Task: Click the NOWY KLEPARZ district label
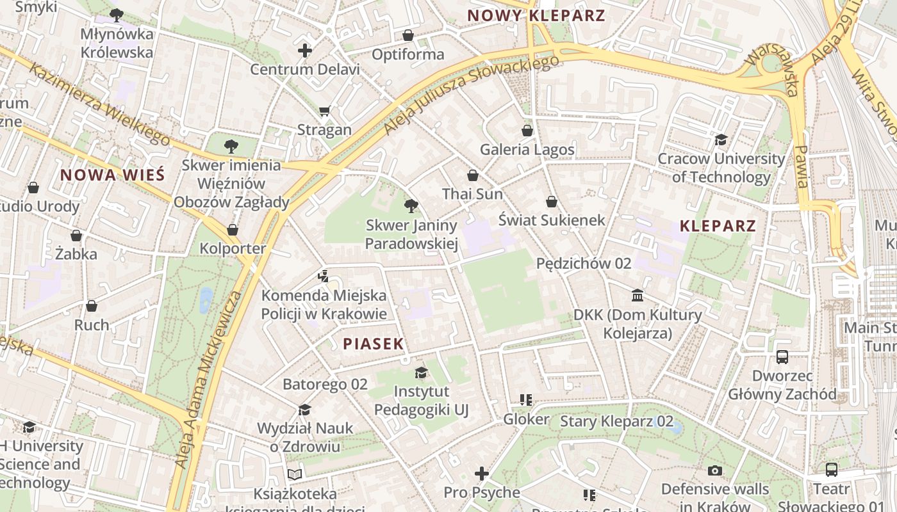click(536, 15)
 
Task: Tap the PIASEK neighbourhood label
click(374, 344)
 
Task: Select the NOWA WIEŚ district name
click(113, 175)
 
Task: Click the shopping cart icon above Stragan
click(325, 111)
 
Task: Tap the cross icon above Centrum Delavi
click(305, 51)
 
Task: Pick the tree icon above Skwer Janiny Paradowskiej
click(411, 206)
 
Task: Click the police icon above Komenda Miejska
click(324, 277)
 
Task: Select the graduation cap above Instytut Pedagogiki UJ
click(421, 372)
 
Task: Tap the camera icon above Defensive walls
click(715, 471)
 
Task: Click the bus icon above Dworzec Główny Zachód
click(782, 357)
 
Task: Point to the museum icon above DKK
click(638, 296)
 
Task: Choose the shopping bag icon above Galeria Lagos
click(527, 131)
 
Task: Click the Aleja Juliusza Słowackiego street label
click(471, 94)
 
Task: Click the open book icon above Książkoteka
click(295, 474)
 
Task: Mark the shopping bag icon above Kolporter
click(233, 230)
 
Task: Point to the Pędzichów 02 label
click(584, 263)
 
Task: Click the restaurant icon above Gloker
click(526, 401)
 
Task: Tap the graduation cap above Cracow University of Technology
click(721, 140)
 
